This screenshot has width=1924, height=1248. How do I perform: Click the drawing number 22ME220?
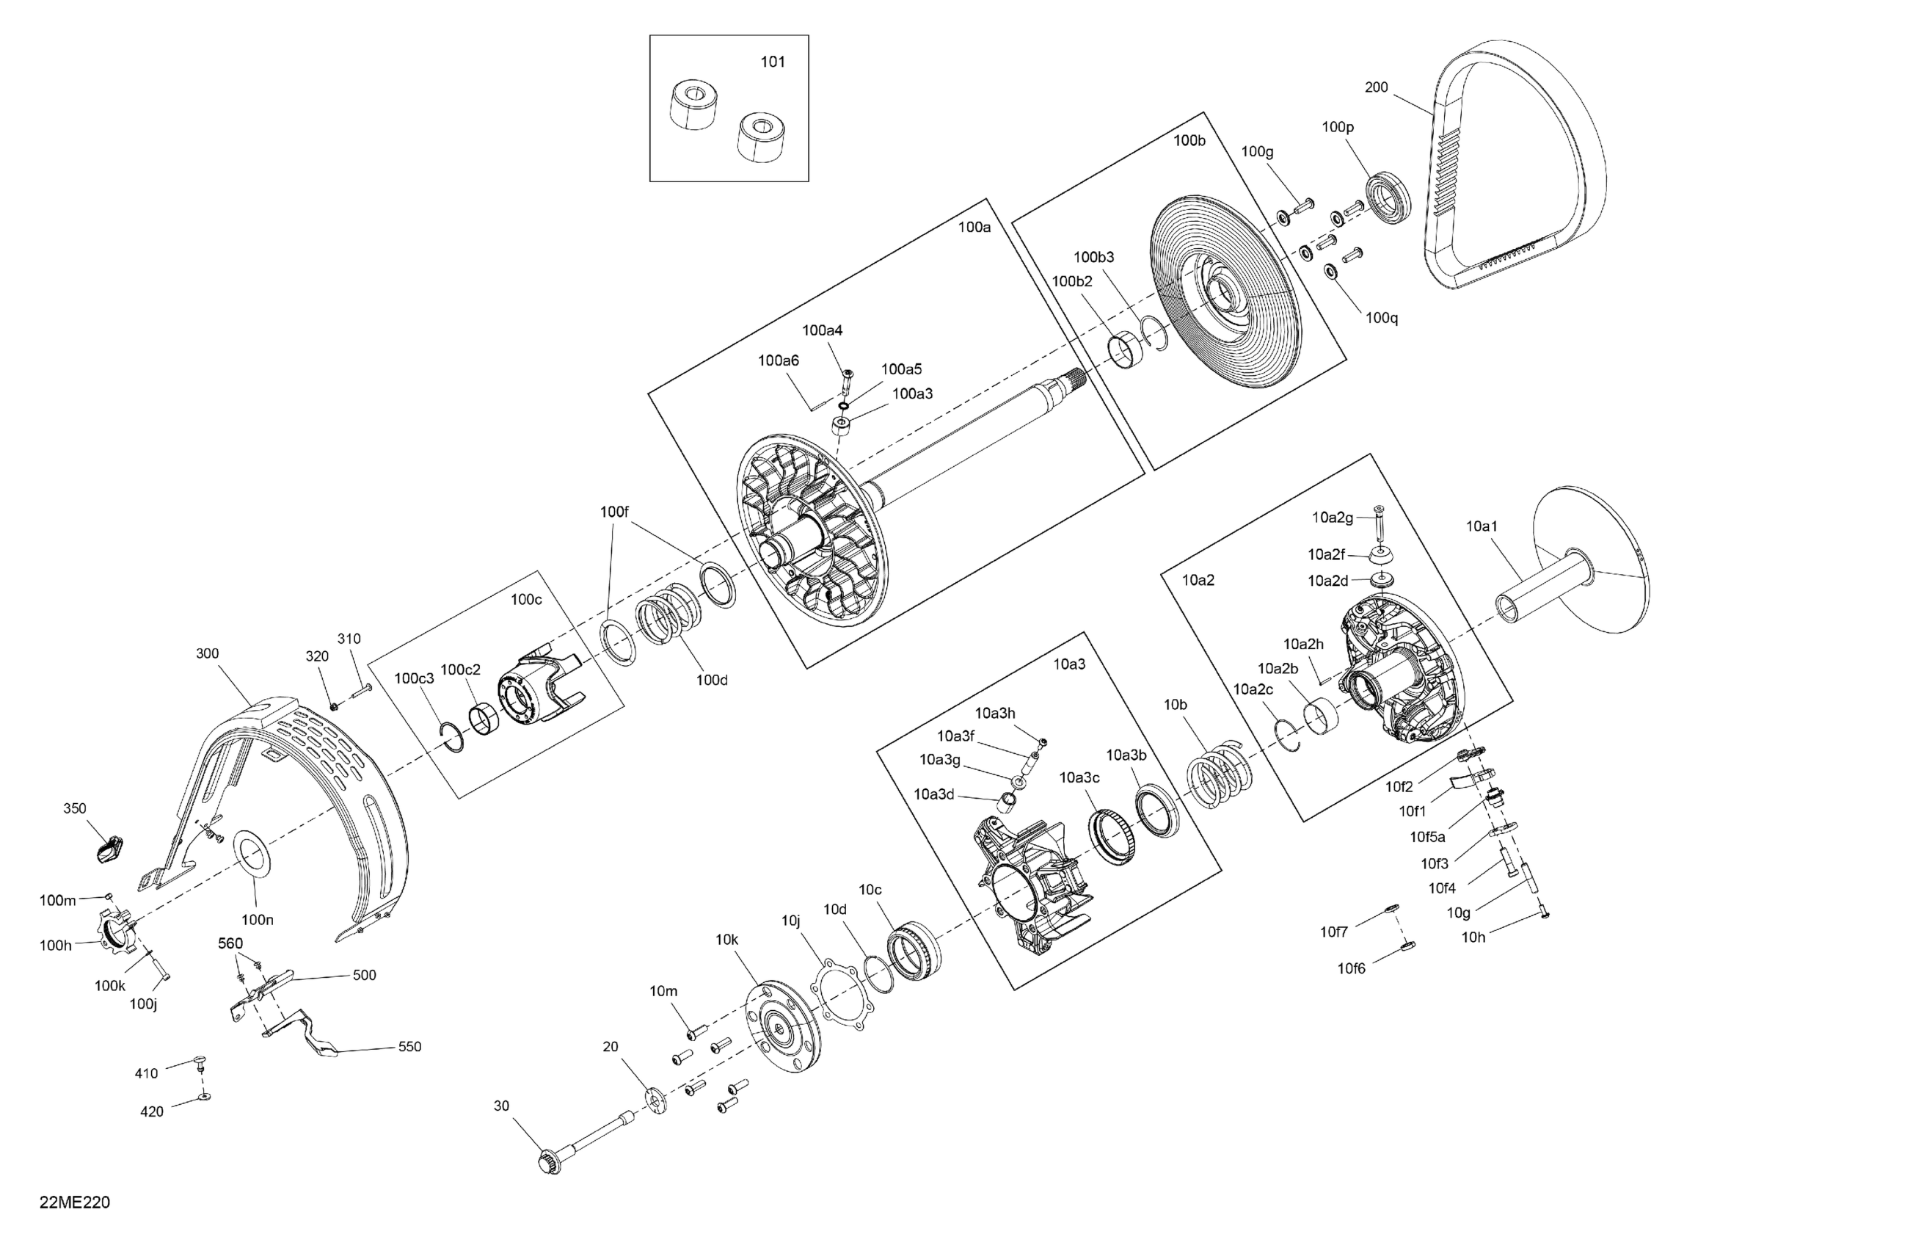(74, 1202)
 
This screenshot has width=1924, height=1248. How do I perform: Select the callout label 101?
(773, 62)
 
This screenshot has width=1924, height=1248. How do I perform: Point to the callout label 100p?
(1338, 127)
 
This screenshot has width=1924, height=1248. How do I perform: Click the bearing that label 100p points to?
(1389, 197)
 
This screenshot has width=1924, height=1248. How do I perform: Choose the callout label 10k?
(726, 939)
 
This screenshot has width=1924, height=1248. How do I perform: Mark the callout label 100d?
(711, 681)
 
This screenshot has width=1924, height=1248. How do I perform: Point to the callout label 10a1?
(1482, 526)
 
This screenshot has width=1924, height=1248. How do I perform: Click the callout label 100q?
(1382, 318)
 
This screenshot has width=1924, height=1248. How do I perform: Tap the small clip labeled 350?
(106, 850)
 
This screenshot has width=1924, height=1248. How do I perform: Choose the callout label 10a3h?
(994, 714)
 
